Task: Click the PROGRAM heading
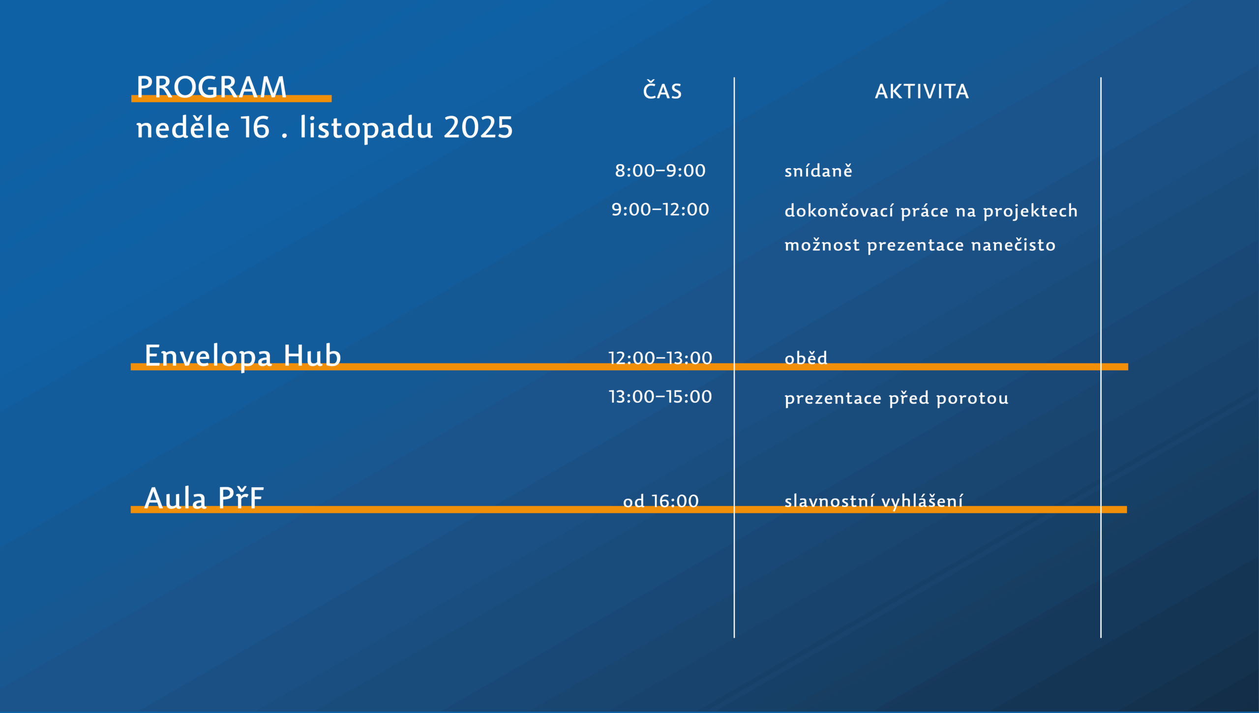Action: coord(211,87)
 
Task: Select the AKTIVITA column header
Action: coord(922,91)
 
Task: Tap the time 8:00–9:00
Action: coord(660,171)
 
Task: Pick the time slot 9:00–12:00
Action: coord(660,209)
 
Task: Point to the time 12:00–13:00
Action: coord(660,358)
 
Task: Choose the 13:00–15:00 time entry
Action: coord(660,397)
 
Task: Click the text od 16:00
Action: coord(660,501)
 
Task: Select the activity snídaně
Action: coord(818,171)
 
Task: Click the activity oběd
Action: coord(806,357)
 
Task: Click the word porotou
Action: coord(972,398)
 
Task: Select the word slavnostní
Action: coord(829,501)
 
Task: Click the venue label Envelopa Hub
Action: coord(243,356)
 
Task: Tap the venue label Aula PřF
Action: coord(204,498)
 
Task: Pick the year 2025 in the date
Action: coord(478,128)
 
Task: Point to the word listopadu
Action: coord(366,129)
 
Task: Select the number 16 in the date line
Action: coord(255,128)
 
